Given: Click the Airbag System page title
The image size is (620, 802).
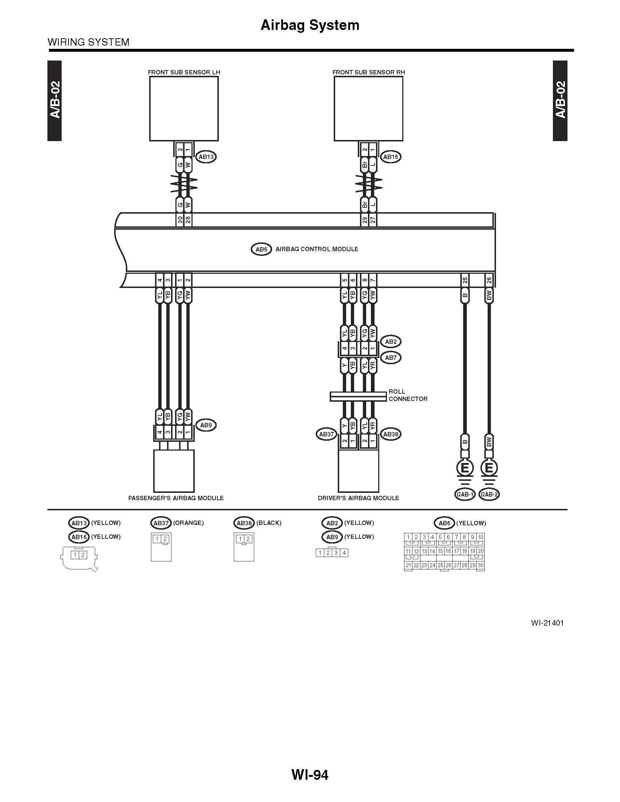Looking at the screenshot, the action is click(x=310, y=25).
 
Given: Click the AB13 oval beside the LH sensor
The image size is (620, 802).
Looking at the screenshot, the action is click(x=206, y=157).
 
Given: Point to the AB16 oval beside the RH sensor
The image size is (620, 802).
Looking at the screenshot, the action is click(x=391, y=157).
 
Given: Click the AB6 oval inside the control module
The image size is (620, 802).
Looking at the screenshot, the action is click(x=261, y=249).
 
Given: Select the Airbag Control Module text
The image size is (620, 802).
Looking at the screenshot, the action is click(x=317, y=249).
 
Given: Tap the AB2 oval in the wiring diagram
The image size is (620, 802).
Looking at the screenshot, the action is click(x=391, y=342).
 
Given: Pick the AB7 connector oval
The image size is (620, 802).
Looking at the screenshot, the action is click(x=391, y=357).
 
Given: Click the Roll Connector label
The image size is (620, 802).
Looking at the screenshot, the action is click(x=408, y=395).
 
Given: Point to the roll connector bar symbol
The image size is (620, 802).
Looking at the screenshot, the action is click(x=358, y=396).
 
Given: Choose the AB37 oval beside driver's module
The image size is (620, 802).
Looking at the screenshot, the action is click(x=326, y=434).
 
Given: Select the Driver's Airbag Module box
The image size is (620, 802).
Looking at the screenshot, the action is click(x=359, y=471).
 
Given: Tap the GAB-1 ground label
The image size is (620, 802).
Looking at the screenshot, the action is click(x=465, y=494).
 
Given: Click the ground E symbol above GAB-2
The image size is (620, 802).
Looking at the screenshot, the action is click(x=489, y=468).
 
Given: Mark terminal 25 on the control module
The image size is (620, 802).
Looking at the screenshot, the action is click(x=465, y=280).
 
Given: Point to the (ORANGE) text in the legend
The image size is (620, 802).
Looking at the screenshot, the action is click(x=188, y=522).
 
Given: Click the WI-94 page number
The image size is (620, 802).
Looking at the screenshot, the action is click(x=310, y=775).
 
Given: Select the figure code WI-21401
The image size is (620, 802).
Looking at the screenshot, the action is click(x=547, y=623).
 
